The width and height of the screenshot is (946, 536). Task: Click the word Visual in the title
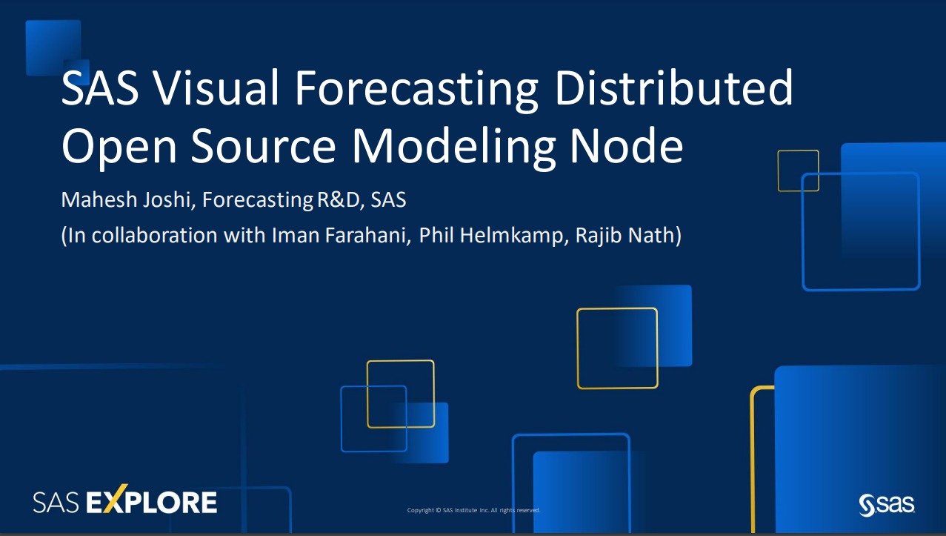coord(216,88)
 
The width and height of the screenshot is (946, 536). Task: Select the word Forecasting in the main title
coord(416,90)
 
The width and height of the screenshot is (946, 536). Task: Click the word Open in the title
coord(119,149)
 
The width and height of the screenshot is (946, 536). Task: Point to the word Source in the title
coord(263,146)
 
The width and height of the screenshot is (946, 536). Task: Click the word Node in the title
coord(626,145)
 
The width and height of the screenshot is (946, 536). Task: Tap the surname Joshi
coord(170,200)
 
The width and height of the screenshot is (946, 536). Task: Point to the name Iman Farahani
coord(340,235)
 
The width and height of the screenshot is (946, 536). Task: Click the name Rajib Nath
coord(625,236)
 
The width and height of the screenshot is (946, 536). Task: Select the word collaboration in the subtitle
coord(155,235)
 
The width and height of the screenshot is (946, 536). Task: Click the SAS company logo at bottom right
coord(887,505)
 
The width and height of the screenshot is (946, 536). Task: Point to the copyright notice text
coord(474,510)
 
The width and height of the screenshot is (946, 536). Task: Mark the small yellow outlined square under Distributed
coord(798,171)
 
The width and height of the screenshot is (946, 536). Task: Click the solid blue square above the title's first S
coord(53,47)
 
